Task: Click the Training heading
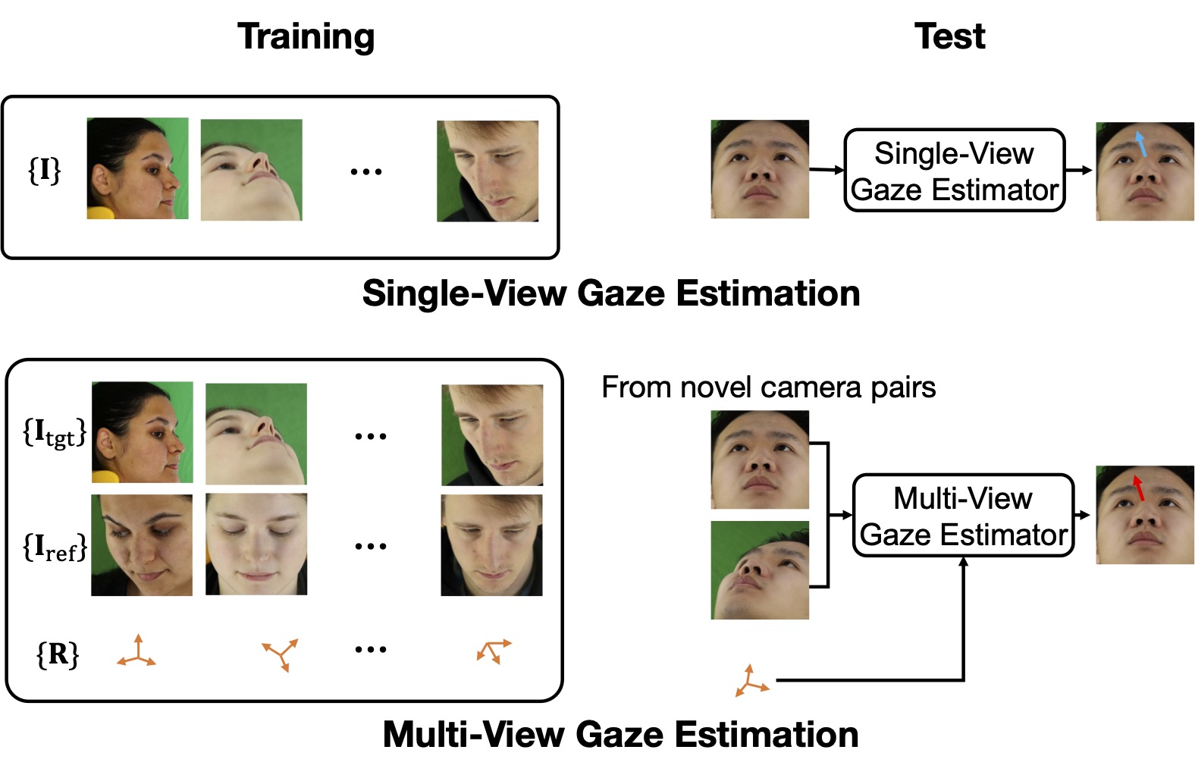coord(306,36)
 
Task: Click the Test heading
coord(949,36)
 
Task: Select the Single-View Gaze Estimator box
coord(954,171)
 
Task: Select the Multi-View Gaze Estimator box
coord(963,516)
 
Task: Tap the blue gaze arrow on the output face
coord(1140,143)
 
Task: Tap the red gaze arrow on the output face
coord(1138,488)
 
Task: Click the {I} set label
coord(44,170)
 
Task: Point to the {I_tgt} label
coord(54,432)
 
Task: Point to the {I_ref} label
coord(54,546)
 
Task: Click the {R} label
coord(58,653)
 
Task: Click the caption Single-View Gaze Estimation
coord(610,293)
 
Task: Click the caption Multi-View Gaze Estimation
coord(620,734)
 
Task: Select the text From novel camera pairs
coord(768,387)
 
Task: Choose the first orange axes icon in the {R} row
coord(136,652)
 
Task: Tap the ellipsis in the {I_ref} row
coord(371,546)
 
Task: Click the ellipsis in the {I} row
coord(366,172)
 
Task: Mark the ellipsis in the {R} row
coord(371,650)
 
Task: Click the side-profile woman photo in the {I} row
coord(137,168)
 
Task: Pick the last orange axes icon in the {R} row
coord(494,651)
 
